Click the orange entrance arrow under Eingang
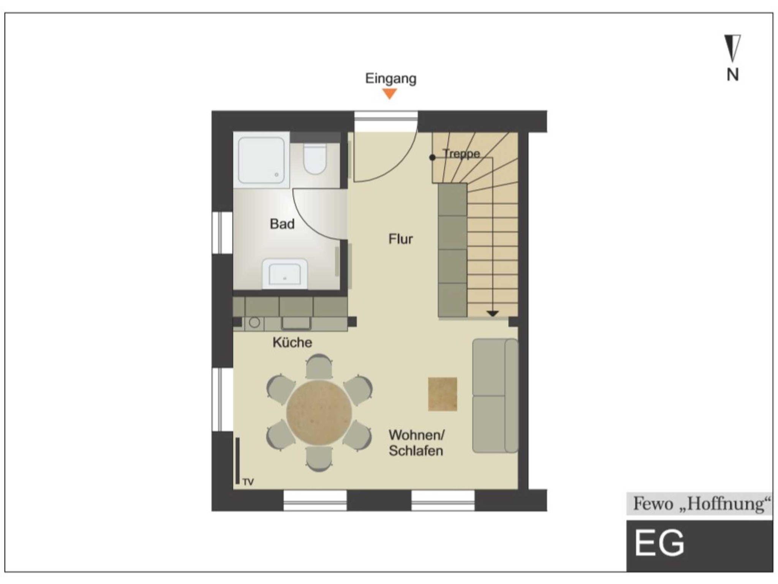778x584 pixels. pos(390,93)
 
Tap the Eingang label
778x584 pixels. pos(391,79)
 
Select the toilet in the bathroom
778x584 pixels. pos(315,159)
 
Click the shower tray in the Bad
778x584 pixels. pos(261,160)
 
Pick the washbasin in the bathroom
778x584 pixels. pos(285,273)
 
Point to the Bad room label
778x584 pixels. pos(282,224)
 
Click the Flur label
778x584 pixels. pos(400,239)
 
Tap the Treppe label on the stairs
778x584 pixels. pos(461,154)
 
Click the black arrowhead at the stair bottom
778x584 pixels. pos(493,313)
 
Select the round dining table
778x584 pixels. pos(319,412)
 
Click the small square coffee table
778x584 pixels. pos(443,394)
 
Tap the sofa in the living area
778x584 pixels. pos(495,396)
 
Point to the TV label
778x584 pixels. pos(248,482)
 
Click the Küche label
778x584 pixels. pos(292,343)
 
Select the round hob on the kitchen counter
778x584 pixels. pos(255,322)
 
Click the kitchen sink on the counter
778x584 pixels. pos(296,323)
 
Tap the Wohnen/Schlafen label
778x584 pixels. pos(416,443)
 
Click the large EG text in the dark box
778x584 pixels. pos(659,543)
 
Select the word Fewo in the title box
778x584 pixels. pos(653,504)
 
